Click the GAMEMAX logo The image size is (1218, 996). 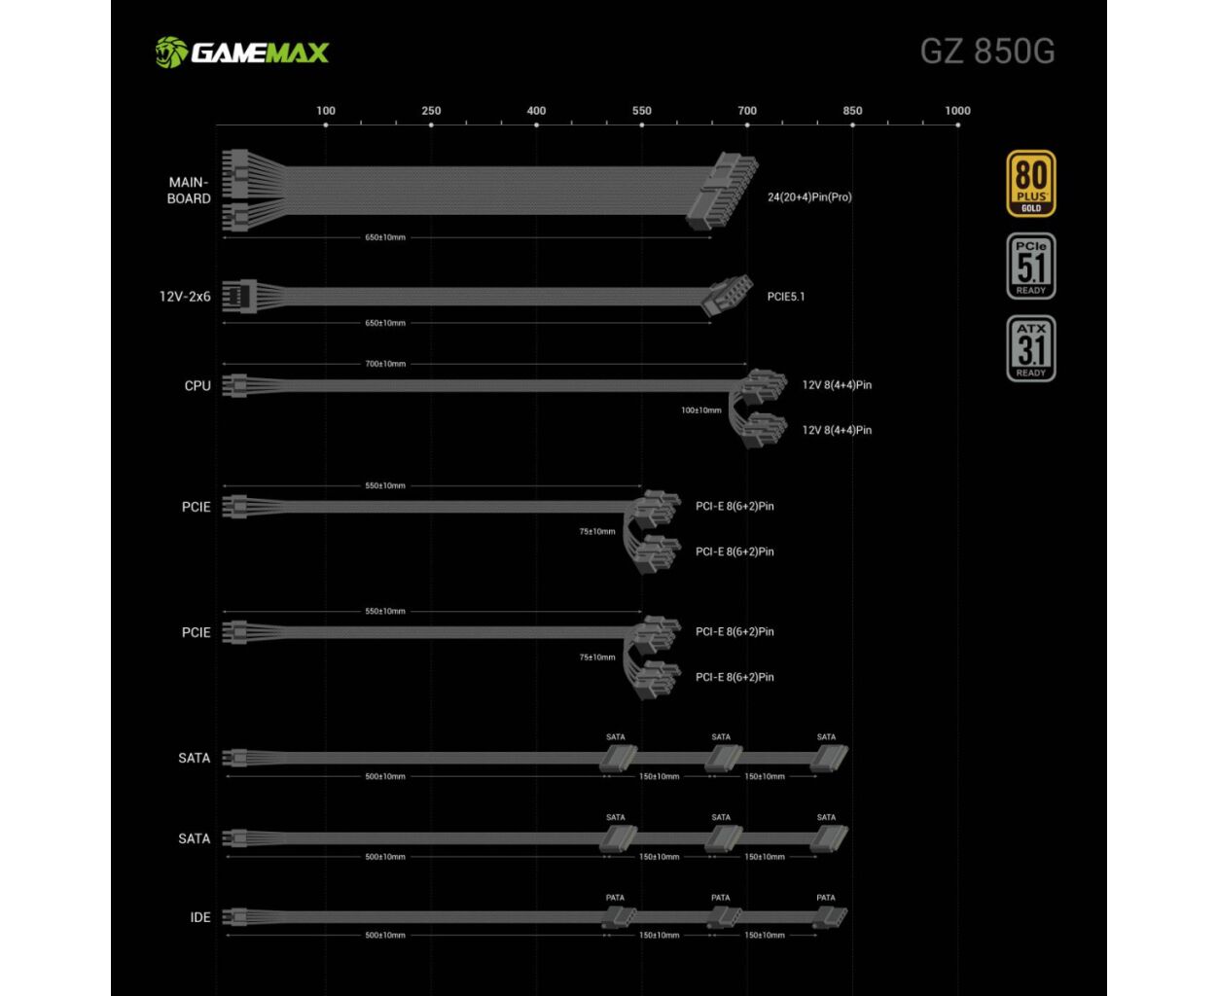coord(242,52)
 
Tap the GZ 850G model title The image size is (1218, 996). coord(986,51)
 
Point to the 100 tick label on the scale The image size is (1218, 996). coord(326,111)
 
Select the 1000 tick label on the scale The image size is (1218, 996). coord(957,111)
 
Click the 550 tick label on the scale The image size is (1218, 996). coord(641,111)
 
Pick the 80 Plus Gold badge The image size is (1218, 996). coord(1030,183)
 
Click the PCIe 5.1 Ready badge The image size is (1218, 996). coord(1030,266)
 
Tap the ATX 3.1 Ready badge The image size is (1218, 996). coord(1030,348)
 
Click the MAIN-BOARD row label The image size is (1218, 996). coord(189,191)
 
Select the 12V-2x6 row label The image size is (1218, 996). coord(185,297)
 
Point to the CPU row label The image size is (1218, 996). coord(197,386)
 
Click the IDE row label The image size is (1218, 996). coord(200,917)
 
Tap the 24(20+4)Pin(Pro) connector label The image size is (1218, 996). coord(808,197)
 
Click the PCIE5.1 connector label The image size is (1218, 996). coord(785,297)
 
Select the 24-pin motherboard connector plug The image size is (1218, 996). coord(721,191)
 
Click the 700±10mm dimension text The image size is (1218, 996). coord(385,364)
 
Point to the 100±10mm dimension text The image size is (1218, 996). coord(700,410)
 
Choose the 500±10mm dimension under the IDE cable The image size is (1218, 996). coord(385,936)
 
